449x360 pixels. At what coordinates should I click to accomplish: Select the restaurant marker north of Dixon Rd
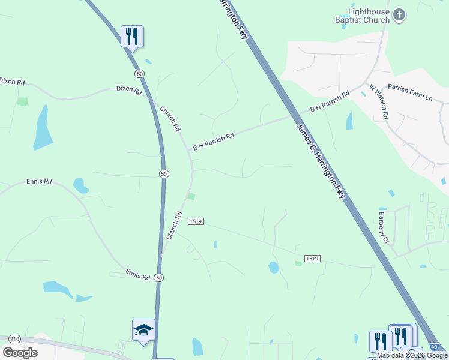[x=132, y=36]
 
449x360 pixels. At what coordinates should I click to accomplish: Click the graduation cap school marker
[x=143, y=330]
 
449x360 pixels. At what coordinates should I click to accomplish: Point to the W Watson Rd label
[x=379, y=101]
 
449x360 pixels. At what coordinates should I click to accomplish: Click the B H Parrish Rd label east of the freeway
[x=330, y=103]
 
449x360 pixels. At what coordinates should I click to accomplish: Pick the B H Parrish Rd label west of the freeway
[x=213, y=142]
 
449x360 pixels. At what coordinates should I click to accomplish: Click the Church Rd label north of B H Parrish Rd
[x=170, y=119]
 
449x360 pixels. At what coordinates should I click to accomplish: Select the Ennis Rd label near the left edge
[x=39, y=181]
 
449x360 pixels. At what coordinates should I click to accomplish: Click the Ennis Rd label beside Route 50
[x=138, y=275]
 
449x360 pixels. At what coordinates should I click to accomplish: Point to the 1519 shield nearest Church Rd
[x=196, y=221]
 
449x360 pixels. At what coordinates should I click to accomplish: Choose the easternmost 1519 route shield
[x=312, y=259]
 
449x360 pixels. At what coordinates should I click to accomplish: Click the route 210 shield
[x=15, y=339]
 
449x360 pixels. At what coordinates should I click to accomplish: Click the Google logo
[x=20, y=353]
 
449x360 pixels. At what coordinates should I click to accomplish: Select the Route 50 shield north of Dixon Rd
[x=139, y=73]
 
